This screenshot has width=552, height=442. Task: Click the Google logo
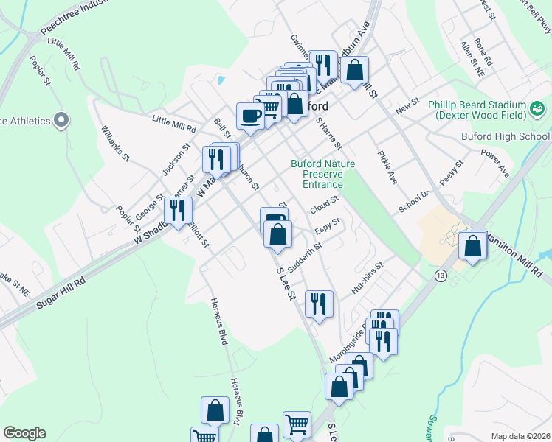[24, 433]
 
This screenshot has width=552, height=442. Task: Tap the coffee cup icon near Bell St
[250, 116]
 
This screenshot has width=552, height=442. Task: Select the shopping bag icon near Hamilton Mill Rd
[472, 245]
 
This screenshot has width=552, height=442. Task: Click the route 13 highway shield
[441, 275]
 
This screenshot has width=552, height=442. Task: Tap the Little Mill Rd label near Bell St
[174, 123]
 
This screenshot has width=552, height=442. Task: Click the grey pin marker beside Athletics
[62, 119]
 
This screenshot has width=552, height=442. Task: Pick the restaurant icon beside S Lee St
[319, 304]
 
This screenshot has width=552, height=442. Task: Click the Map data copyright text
[520, 436]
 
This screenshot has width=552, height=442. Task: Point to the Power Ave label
[494, 164]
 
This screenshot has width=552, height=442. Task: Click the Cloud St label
[323, 200]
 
